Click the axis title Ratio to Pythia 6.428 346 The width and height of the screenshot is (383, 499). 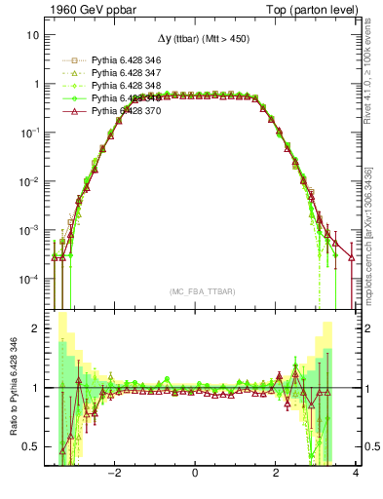[x=11, y=387]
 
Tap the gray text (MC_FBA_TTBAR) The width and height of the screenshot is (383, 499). [x=195, y=292]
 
